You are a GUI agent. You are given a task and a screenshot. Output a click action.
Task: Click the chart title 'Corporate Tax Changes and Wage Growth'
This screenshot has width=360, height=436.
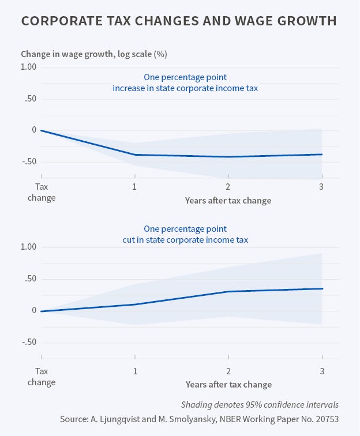(x=179, y=21)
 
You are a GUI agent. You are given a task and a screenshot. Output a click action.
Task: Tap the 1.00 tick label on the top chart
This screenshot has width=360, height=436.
(x=29, y=67)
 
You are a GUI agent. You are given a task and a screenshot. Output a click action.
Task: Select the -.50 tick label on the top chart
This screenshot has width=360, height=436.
(x=29, y=161)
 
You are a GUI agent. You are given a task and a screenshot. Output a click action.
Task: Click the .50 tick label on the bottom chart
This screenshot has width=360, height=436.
(x=30, y=279)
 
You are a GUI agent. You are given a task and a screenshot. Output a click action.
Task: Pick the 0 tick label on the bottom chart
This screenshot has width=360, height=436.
(x=34, y=310)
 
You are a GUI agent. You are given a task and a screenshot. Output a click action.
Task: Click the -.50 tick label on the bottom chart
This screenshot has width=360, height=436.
(x=29, y=342)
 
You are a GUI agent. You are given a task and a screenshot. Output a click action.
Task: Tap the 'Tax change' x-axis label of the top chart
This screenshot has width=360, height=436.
(x=42, y=192)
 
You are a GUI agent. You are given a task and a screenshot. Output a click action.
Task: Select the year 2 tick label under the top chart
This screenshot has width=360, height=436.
(x=228, y=187)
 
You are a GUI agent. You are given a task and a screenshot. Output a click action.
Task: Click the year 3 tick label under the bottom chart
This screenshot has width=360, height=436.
(x=321, y=370)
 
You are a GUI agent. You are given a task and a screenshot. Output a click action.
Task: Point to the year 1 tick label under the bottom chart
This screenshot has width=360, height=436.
(x=135, y=370)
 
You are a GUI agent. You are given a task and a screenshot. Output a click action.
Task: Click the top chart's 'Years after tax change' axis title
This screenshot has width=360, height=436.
(x=228, y=201)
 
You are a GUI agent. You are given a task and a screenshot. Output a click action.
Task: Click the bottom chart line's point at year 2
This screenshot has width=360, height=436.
(x=228, y=291)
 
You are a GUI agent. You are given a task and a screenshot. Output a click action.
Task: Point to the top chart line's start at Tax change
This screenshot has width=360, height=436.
(x=42, y=130)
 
